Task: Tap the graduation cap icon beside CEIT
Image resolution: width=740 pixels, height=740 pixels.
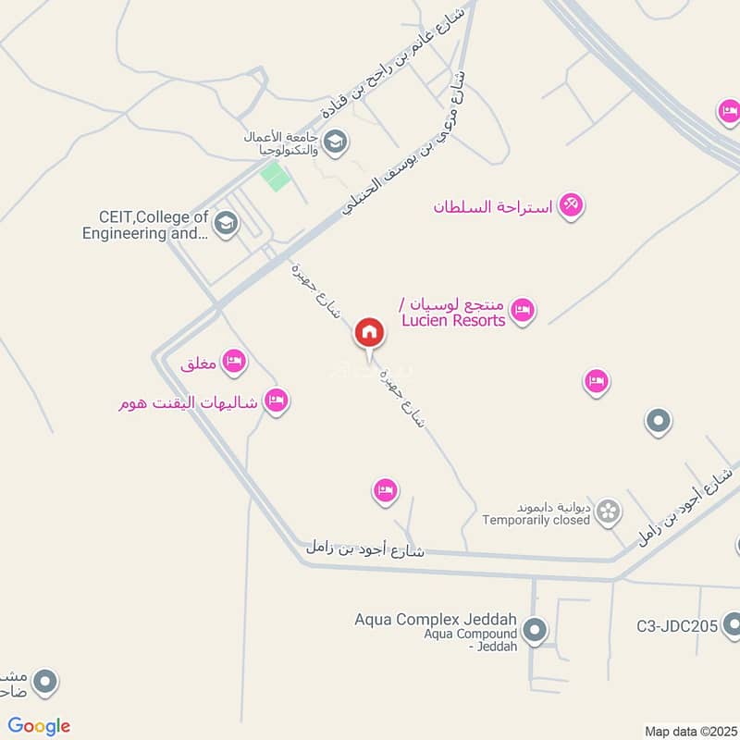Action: click(x=225, y=223)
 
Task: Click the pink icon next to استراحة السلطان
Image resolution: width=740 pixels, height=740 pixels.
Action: click(x=572, y=205)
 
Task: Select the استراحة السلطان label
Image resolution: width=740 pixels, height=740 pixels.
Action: click(x=492, y=206)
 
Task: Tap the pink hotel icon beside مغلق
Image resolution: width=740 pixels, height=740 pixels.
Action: click(x=234, y=361)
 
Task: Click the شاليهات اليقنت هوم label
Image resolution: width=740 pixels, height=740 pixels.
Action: click(x=191, y=402)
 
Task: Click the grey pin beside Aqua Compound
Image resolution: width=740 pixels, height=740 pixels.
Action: click(x=534, y=633)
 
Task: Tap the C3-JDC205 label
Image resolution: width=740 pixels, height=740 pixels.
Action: click(x=677, y=626)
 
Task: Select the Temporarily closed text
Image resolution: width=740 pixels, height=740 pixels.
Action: click(x=536, y=520)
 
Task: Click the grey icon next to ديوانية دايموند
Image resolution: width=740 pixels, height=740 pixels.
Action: click(x=608, y=512)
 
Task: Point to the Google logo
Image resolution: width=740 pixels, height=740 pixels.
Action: click(x=39, y=726)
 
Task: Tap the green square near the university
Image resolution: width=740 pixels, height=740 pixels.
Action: click(x=275, y=175)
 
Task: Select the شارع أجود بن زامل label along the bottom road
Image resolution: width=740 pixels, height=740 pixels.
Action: click(x=364, y=549)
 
